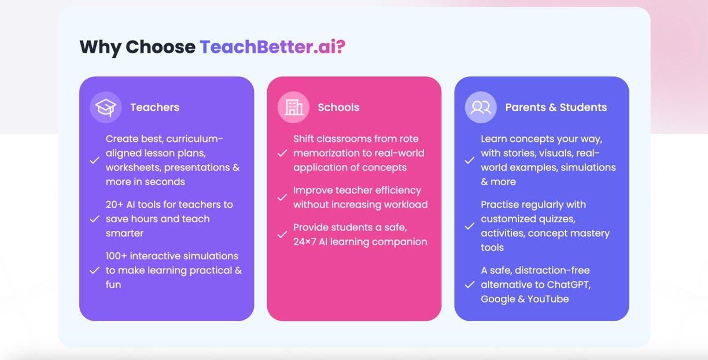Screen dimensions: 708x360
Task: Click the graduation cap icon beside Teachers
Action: (x=106, y=107)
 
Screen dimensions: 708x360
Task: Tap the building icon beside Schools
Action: (x=294, y=107)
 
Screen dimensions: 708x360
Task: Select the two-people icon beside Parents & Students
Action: (x=481, y=107)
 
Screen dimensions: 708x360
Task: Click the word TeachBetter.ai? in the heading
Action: (x=272, y=47)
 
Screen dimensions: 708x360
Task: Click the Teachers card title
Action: (x=155, y=108)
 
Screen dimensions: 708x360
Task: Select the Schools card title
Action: (x=338, y=108)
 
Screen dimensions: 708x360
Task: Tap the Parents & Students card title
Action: (x=556, y=108)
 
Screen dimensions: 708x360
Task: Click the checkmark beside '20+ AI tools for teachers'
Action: (x=94, y=219)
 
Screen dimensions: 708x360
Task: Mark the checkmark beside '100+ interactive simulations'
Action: (x=94, y=270)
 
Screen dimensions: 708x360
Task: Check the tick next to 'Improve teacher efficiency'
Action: (x=282, y=197)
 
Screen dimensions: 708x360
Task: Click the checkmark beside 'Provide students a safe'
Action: (x=282, y=235)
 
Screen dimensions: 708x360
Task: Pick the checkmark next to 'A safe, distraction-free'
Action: (x=470, y=285)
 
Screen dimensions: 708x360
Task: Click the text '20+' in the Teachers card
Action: (x=115, y=205)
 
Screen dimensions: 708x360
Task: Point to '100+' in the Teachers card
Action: (x=116, y=256)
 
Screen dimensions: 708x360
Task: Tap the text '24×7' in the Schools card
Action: (x=305, y=242)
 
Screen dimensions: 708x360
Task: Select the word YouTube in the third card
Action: (x=548, y=299)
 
